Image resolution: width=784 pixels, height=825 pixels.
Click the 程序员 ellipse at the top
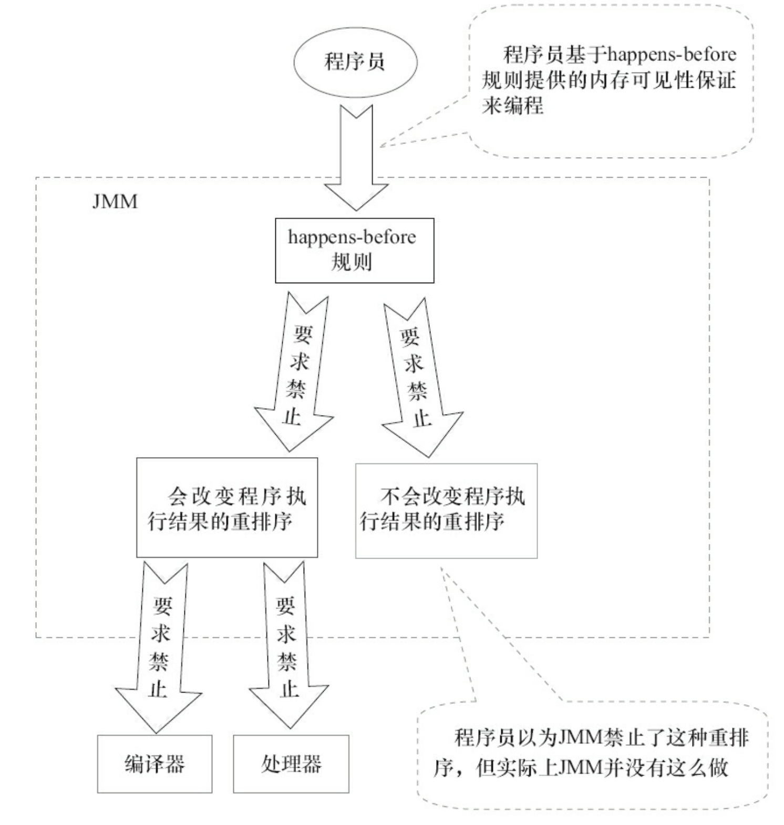355,61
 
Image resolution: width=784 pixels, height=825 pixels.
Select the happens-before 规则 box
354,250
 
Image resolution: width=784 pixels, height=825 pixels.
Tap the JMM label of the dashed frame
115,201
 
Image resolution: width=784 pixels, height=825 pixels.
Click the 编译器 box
154,764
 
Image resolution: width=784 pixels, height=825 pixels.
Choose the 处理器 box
291,764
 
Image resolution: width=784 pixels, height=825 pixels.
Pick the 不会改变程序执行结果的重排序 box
446,510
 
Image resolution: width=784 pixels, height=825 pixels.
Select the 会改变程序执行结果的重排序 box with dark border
227,508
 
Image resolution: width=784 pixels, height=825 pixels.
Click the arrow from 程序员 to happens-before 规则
356,158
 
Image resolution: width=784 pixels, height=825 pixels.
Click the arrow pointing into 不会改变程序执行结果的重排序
418,378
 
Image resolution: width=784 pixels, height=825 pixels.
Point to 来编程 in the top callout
512,106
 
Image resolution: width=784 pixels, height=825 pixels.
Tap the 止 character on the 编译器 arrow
157,688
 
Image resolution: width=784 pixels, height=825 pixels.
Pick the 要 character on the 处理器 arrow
286,606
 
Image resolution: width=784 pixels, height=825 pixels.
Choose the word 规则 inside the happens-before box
352,261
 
